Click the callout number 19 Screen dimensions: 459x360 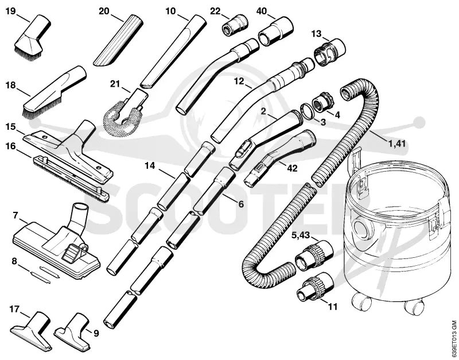point(10,11)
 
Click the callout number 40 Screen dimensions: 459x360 point(262,11)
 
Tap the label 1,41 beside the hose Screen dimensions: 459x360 point(396,144)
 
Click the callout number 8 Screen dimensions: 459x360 point(14,261)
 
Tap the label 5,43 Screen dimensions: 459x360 point(301,235)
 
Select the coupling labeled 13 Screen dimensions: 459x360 point(329,52)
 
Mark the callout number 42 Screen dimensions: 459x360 point(292,168)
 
